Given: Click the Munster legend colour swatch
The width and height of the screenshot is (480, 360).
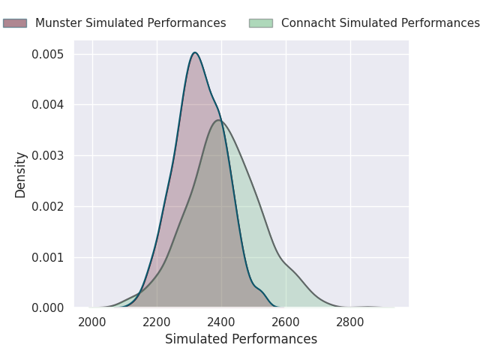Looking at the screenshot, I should [14, 23].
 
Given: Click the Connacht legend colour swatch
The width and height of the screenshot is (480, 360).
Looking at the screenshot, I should [260, 23].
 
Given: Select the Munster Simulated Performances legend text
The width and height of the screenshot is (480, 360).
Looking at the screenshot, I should [130, 23].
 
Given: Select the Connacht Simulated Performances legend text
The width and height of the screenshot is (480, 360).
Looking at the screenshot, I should [380, 23].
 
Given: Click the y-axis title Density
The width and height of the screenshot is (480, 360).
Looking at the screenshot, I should [21, 175].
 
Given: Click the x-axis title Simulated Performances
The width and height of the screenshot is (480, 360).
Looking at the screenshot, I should [241, 340].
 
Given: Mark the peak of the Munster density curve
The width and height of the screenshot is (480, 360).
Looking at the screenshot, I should [195, 52].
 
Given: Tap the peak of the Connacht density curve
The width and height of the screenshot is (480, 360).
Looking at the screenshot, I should [218, 120].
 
